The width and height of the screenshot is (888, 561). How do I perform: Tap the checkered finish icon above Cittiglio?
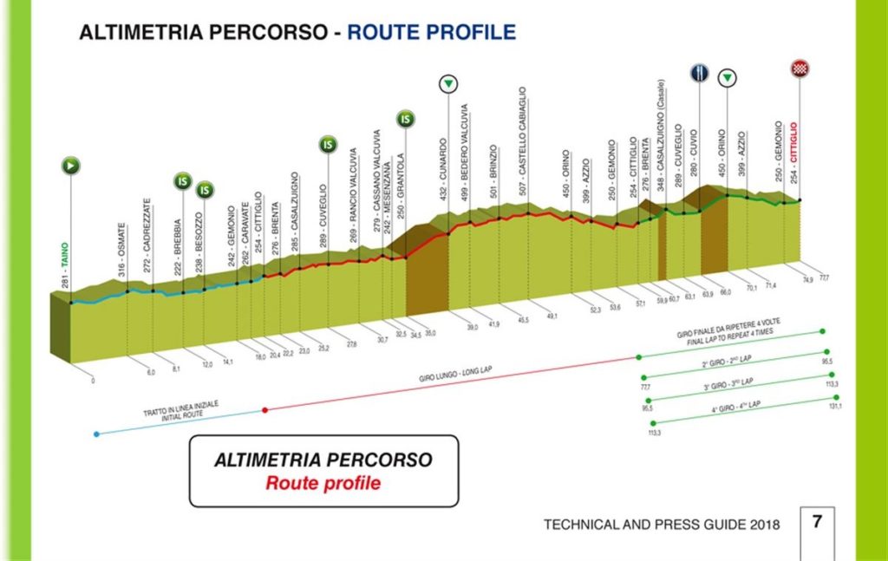pyautogui.click(x=799, y=68)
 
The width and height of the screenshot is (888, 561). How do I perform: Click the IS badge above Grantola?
pyautogui.click(x=405, y=118)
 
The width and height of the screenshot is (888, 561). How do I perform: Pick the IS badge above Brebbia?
pyautogui.click(x=182, y=181)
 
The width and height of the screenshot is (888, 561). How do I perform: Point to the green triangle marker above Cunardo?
pyautogui.click(x=447, y=84)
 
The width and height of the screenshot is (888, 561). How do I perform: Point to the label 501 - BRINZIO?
pyautogui.click(x=493, y=174)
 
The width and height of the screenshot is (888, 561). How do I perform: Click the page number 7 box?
pyautogui.click(x=817, y=523)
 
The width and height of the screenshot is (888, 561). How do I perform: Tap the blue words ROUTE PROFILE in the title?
pyautogui.click(x=431, y=33)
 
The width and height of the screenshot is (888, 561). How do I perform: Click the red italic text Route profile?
pyautogui.click(x=323, y=483)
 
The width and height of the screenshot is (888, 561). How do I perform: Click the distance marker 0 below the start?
pyautogui.click(x=93, y=381)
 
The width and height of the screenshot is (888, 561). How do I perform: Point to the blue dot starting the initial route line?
pyautogui.click(x=95, y=433)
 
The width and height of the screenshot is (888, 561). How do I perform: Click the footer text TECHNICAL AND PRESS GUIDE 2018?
pyautogui.click(x=661, y=525)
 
